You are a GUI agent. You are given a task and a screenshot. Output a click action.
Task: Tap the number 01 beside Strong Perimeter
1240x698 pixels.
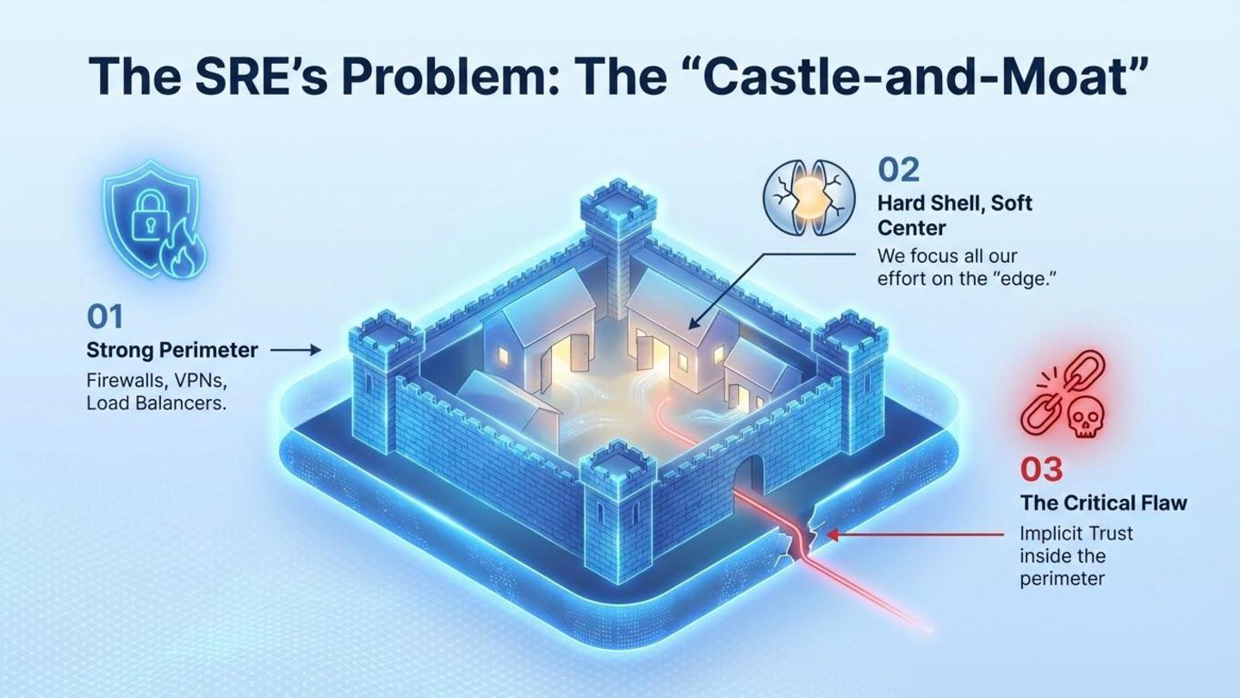click(105, 317)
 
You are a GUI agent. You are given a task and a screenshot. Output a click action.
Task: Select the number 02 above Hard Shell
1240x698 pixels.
click(898, 170)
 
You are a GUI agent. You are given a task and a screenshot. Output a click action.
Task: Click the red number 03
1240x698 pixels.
click(1041, 470)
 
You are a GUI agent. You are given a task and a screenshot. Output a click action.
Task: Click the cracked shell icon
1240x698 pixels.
click(809, 197)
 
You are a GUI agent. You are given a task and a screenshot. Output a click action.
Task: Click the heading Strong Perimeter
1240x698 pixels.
click(172, 351)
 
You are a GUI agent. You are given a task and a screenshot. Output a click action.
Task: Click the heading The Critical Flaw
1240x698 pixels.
click(1103, 502)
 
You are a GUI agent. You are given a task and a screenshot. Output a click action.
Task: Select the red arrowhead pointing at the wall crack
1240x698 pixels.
click(832, 535)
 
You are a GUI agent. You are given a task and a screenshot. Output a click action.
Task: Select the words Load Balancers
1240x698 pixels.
click(156, 403)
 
